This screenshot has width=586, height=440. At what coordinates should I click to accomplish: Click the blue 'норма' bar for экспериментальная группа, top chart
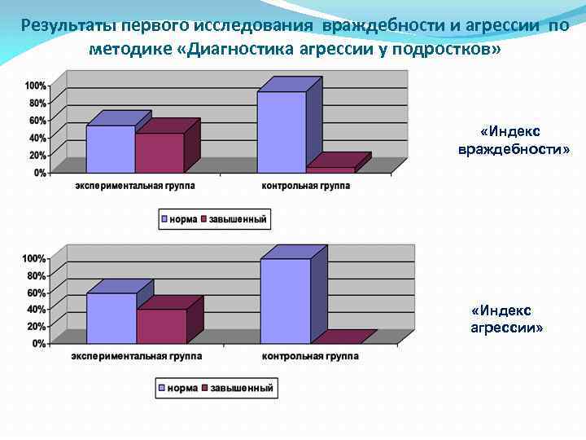click(110, 149)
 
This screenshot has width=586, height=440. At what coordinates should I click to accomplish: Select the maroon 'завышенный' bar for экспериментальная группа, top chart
click(160, 153)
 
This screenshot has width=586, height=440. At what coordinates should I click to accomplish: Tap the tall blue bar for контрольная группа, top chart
click(281, 132)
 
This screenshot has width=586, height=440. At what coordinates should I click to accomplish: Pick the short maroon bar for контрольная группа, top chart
click(330, 169)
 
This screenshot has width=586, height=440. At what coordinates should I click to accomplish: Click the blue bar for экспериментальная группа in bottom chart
click(112, 319)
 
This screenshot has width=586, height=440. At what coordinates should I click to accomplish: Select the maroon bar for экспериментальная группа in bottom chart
click(162, 326)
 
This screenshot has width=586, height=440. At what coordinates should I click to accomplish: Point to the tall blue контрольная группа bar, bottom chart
click(285, 301)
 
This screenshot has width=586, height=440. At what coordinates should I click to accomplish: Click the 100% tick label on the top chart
click(35, 86)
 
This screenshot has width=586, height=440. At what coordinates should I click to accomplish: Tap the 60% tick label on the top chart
click(37, 121)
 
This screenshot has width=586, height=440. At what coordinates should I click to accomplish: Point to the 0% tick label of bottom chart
click(38, 344)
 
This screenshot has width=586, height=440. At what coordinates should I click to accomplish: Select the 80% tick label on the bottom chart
click(35, 275)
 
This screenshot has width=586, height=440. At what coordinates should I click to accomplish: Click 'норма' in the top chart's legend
click(184, 219)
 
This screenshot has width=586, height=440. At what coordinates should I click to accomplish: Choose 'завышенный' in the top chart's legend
click(238, 219)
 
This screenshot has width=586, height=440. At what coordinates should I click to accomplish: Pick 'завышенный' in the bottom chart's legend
click(242, 388)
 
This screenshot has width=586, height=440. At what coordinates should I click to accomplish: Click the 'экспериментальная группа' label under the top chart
click(135, 186)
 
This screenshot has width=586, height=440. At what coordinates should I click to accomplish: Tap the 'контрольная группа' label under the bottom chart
click(310, 356)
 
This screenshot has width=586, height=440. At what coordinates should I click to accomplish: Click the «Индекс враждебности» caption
click(514, 140)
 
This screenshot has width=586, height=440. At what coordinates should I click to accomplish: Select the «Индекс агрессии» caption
click(507, 319)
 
